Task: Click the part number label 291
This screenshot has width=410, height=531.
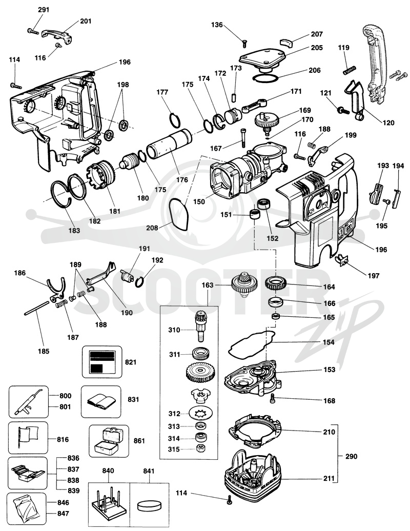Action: tap(44, 10)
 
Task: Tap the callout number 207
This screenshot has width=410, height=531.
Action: tap(317, 34)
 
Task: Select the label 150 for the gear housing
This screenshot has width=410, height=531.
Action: tap(199, 201)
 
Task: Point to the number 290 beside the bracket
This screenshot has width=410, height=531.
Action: tap(352, 456)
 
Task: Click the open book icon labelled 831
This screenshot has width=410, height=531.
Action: tap(100, 401)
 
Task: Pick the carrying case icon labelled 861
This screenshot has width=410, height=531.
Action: tap(109, 441)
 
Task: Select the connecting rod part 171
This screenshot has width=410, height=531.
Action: tap(255, 105)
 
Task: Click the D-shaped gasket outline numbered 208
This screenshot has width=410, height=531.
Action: tap(179, 214)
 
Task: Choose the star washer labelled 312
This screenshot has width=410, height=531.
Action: tap(199, 413)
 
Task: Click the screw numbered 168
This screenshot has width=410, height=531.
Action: tap(273, 400)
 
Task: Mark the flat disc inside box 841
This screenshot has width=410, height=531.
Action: tap(149, 505)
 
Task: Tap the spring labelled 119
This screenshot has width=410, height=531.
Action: tap(349, 70)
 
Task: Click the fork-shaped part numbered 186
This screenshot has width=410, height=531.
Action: tap(56, 291)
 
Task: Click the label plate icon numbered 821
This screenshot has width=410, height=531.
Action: tap(101, 362)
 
